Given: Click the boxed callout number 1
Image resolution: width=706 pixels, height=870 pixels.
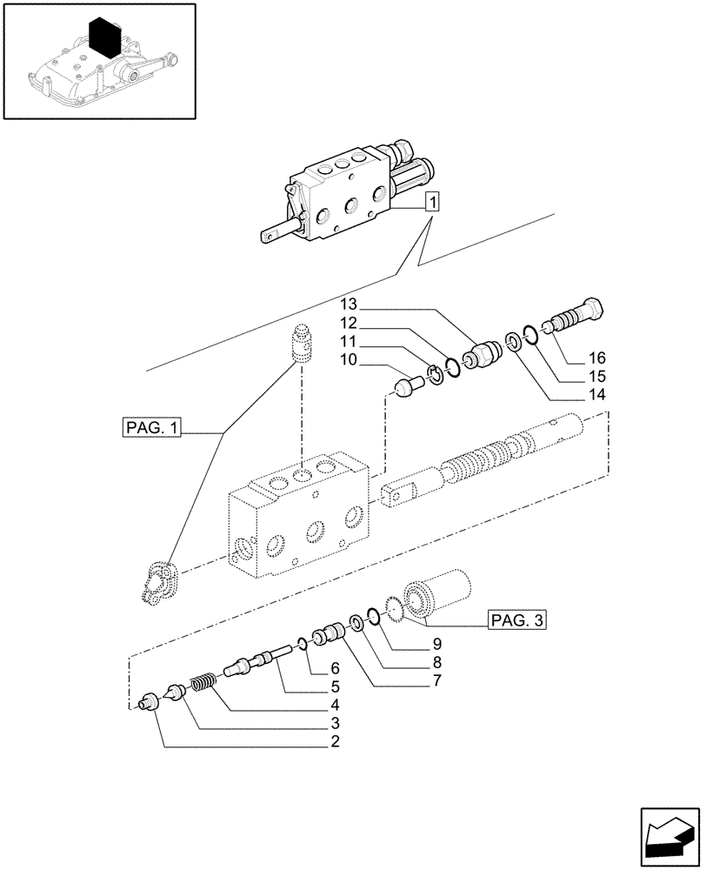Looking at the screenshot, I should point(432,204).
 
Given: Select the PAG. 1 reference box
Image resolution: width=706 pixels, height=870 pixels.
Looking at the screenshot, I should point(151,427).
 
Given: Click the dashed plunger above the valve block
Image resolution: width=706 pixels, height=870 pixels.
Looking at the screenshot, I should point(303,345).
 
